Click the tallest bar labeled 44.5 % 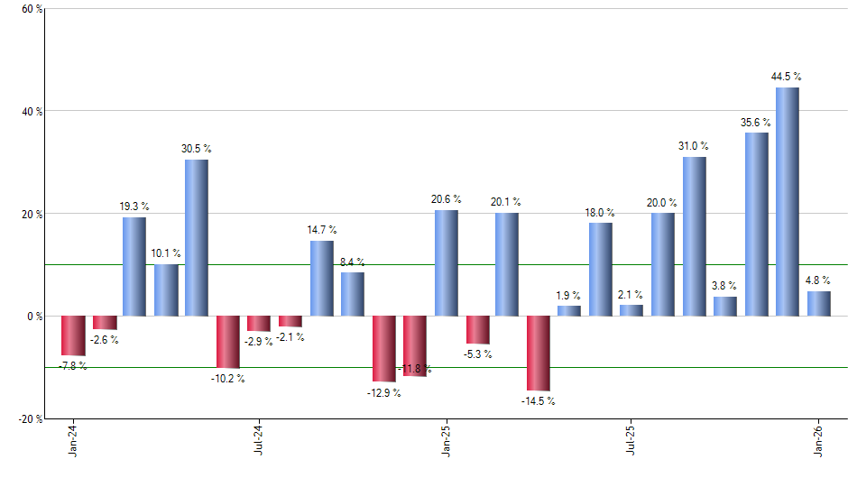point(787,202)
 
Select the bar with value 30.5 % point(197,238)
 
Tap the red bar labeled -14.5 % point(539,354)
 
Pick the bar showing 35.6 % point(756,225)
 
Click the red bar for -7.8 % point(73,335)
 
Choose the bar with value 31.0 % point(694,236)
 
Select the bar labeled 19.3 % point(134,267)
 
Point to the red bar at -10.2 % point(227,342)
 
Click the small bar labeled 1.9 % point(569,311)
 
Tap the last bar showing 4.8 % point(818,304)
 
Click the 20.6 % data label point(446,199)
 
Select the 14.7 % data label point(322,230)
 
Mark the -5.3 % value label point(477,354)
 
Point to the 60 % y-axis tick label point(31,9)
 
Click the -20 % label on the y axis point(29,418)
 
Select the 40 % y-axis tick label point(31,112)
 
